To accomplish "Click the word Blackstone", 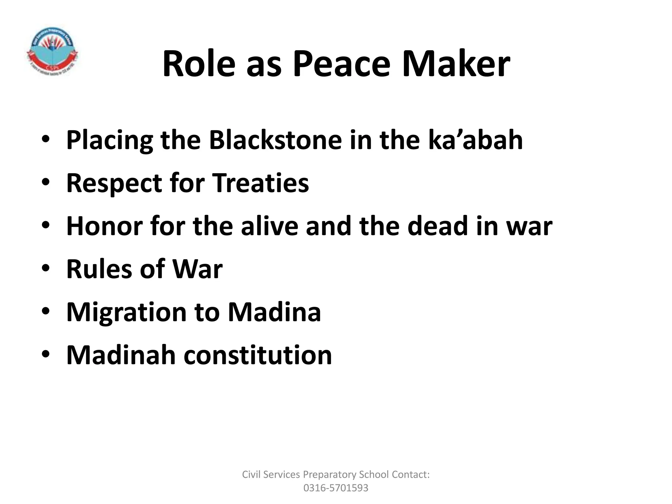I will (x=275, y=140).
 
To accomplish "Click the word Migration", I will (x=126, y=312).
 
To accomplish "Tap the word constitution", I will (x=258, y=355).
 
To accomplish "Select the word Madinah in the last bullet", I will (x=121, y=355).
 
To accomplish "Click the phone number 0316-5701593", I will (x=336, y=488).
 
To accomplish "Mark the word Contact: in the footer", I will (x=410, y=474).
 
